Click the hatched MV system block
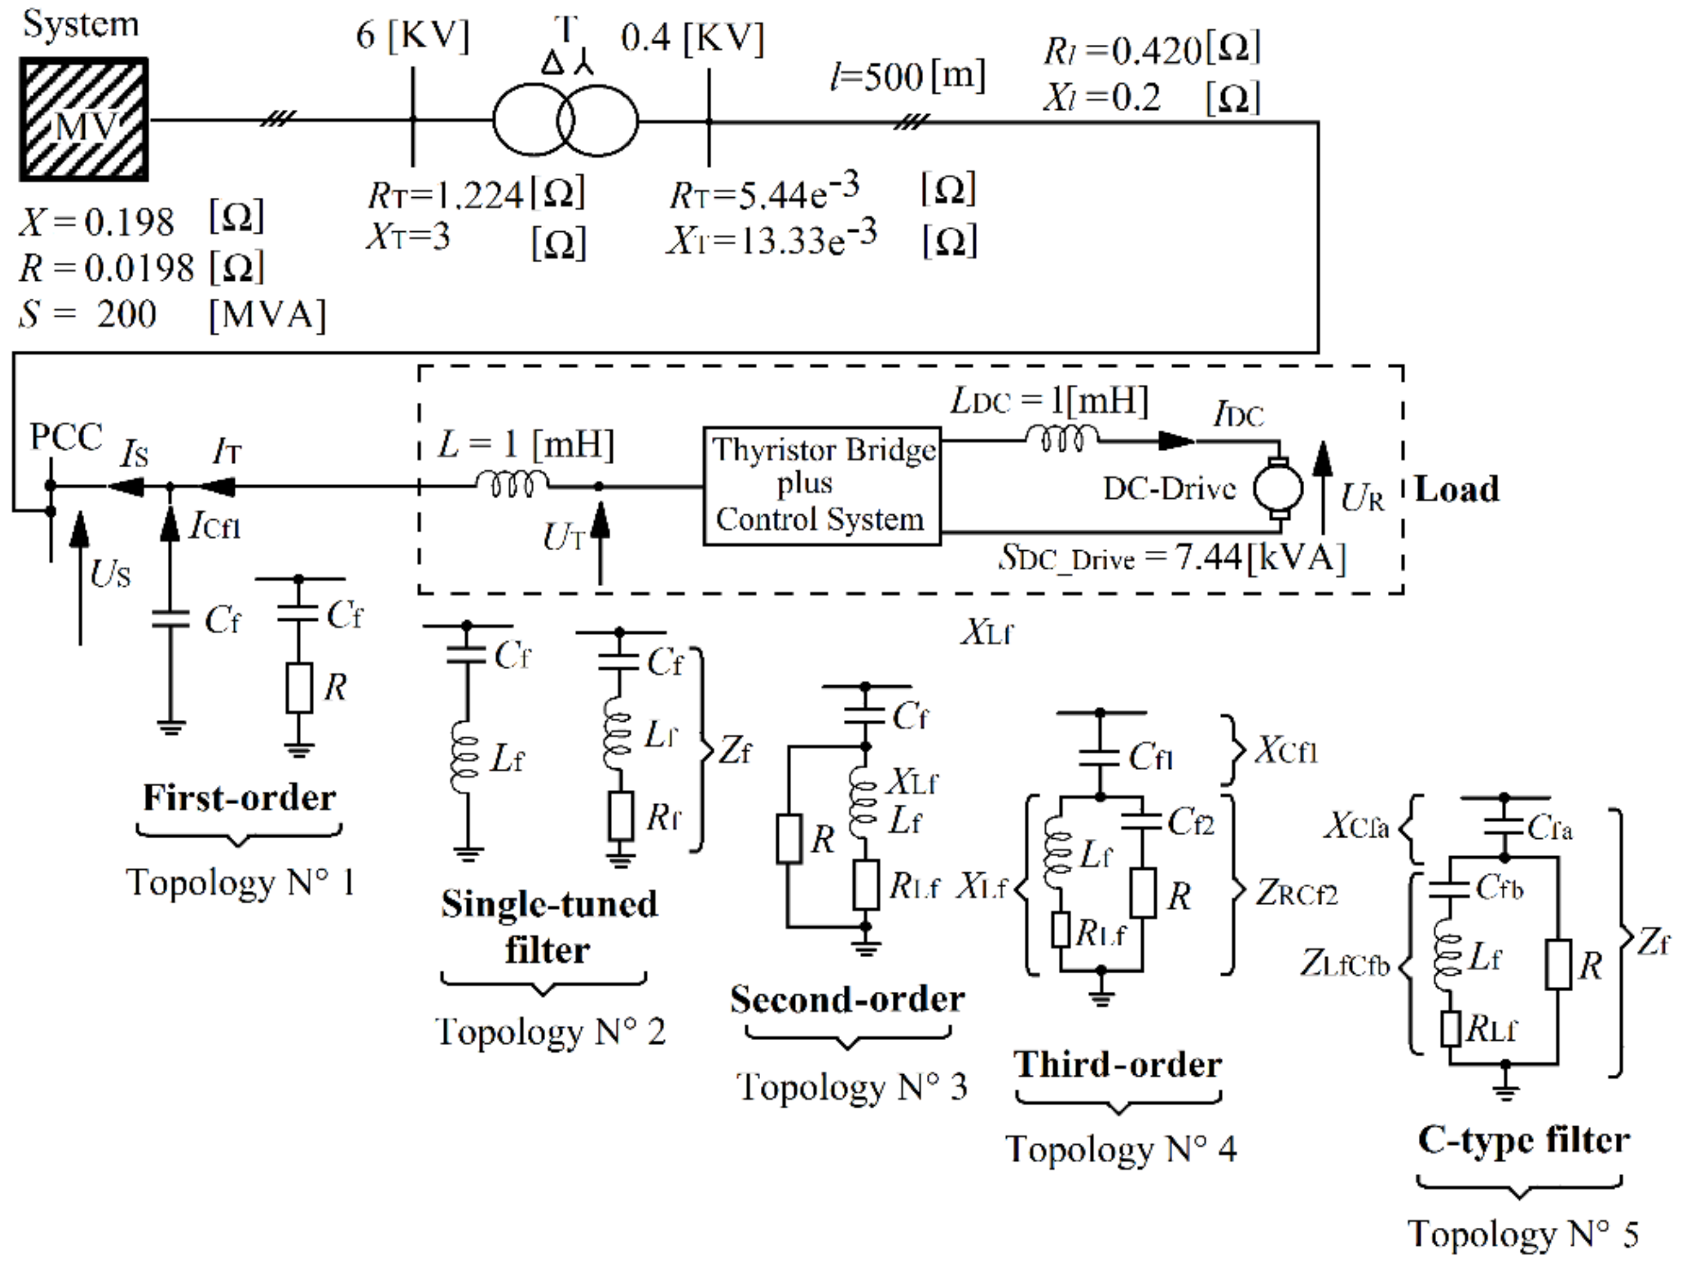pyautogui.click(x=84, y=119)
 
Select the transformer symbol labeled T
pyautogui.click(x=565, y=120)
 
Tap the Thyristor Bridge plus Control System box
pyautogui.click(x=822, y=485)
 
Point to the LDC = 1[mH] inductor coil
pyautogui.click(x=1062, y=438)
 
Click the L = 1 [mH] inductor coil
pyautogui.click(x=512, y=483)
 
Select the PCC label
pyautogui.click(x=66, y=437)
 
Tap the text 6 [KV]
pyautogui.click(x=412, y=36)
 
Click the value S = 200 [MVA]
pyautogui.click(x=171, y=314)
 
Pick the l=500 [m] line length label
pyautogui.click(x=908, y=76)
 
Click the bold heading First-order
pyautogui.click(x=239, y=798)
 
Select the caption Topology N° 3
pyautogui.click(x=851, y=1086)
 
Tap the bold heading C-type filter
pyautogui.click(x=1523, y=1141)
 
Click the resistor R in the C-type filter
pyautogui.click(x=1559, y=964)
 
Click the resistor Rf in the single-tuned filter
pyautogui.click(x=620, y=816)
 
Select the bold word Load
pyautogui.click(x=1456, y=489)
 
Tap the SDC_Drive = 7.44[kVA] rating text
pyautogui.click(x=1172, y=559)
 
